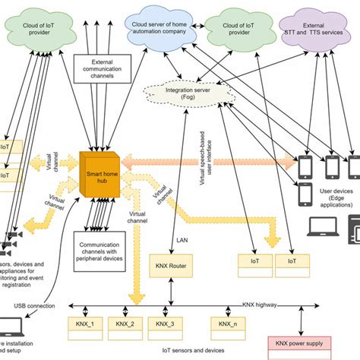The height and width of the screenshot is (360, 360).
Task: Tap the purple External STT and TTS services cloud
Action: [x=322, y=33]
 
